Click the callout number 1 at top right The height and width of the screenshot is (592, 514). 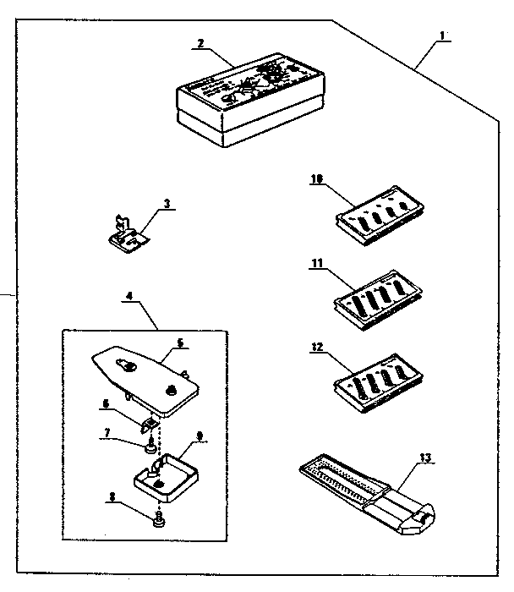444,37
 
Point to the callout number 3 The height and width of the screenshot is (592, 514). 167,203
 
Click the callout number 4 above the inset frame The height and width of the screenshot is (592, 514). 128,297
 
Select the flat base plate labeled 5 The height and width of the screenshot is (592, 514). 145,376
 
